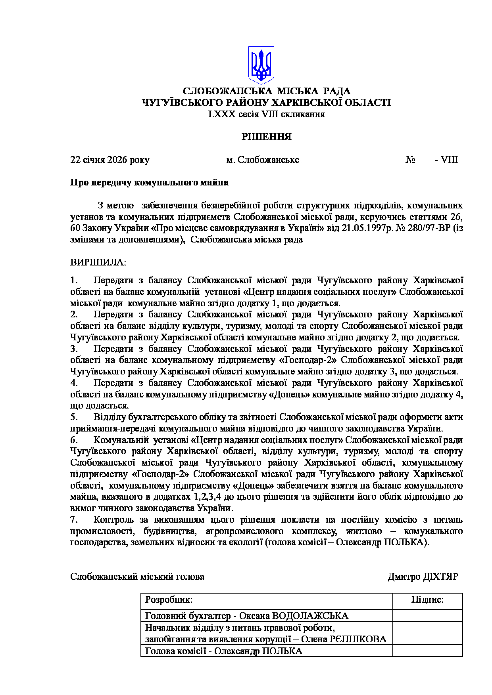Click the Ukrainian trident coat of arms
261,65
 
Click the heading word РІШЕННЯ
267,137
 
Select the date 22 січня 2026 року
110,160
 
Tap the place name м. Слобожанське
263,160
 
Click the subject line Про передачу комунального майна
149,183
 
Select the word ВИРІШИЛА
98,262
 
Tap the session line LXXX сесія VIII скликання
267,114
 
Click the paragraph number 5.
73,417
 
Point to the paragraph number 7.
73,519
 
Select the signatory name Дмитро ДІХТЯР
423,577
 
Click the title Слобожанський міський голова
137,577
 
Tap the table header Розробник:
169,600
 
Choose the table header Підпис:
427,600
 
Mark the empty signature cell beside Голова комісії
427,651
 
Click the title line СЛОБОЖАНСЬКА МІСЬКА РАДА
267,92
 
